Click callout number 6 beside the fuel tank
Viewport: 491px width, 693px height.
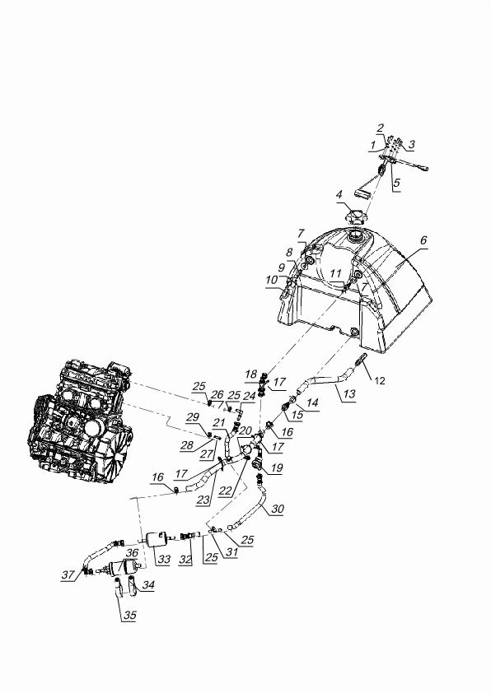click(x=423, y=240)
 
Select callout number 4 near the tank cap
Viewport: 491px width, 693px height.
click(x=339, y=194)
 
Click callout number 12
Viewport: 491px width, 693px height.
click(x=380, y=380)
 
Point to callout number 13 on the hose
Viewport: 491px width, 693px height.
click(x=349, y=393)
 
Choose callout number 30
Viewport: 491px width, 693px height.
click(x=278, y=509)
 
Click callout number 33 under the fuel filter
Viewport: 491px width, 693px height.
click(x=164, y=559)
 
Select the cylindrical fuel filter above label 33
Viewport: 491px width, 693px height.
click(x=158, y=539)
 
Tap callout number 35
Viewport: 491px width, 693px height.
click(x=129, y=614)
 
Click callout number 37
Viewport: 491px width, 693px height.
click(x=68, y=574)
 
